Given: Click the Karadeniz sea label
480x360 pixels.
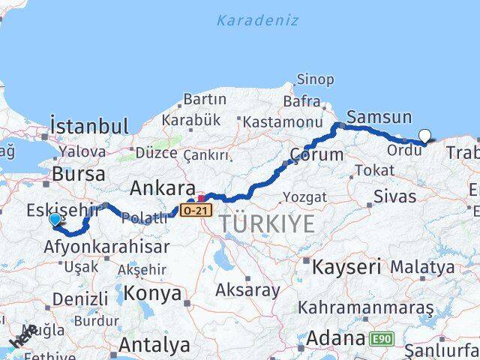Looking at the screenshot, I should point(257,20).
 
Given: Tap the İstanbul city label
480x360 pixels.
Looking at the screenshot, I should point(88,125).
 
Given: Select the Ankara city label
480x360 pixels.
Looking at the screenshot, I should point(163,187).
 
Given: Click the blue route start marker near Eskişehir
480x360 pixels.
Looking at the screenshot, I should point(55,219).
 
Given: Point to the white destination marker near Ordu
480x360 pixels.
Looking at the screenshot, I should point(425,136).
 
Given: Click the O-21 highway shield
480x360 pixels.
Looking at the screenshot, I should point(194,211).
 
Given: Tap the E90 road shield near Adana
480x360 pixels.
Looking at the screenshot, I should point(381,339).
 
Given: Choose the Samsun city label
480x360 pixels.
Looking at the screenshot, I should point(379,117).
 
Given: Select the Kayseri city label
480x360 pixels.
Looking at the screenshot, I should point(346,266).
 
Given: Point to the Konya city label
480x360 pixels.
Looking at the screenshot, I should point(152,293).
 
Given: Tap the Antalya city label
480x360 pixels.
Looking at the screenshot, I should point(154,345).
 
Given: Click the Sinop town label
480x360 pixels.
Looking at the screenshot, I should point(315,79).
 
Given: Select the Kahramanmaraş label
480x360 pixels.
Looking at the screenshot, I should point(365,307).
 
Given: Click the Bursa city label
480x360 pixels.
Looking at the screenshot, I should point(78,174).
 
